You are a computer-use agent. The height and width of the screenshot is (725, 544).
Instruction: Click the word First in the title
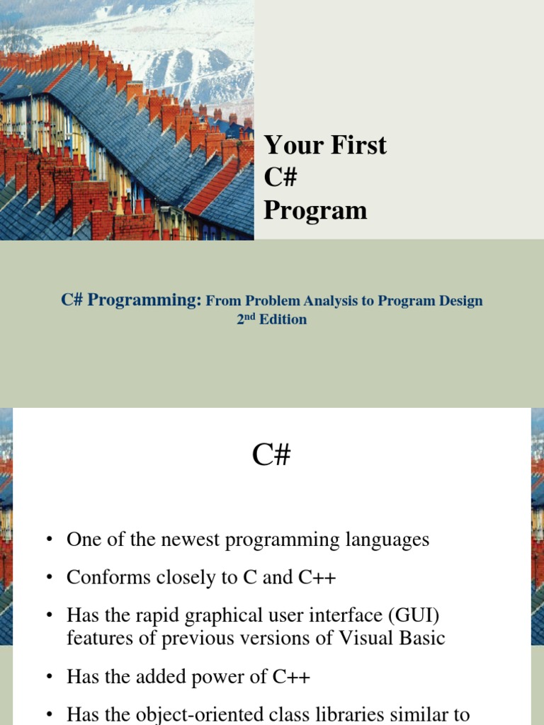coord(357,145)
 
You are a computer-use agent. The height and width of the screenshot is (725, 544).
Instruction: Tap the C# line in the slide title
coord(280,178)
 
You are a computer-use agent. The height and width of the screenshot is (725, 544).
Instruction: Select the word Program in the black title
coord(315,210)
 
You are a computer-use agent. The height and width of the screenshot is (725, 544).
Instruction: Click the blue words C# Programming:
coord(132,300)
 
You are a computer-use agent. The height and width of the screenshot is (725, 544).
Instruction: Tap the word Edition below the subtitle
coord(283,319)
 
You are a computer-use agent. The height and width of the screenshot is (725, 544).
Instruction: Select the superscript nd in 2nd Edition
coord(249,316)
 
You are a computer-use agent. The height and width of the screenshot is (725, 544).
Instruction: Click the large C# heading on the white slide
coord(271,456)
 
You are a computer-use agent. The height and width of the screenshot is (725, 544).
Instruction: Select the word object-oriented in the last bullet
coord(199,714)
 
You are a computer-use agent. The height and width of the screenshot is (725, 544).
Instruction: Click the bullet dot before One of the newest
coord(50,540)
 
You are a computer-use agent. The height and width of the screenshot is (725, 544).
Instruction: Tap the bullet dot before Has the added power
coord(50,677)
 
